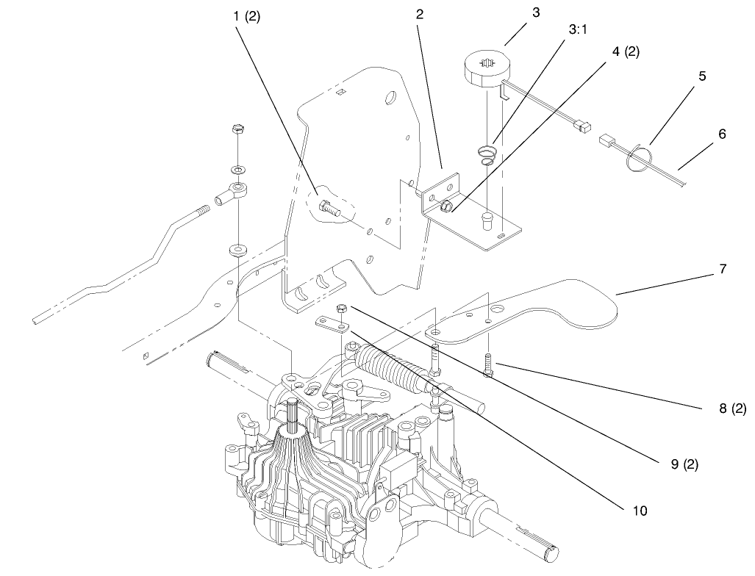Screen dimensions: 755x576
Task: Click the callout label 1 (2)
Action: point(246,17)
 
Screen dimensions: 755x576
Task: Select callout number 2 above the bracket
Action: point(419,15)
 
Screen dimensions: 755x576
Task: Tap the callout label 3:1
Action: point(579,29)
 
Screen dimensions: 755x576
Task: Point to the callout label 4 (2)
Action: point(626,51)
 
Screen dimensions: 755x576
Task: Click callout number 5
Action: point(702,76)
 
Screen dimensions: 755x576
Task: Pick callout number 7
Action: point(723,268)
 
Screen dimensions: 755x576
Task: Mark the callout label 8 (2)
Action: point(732,408)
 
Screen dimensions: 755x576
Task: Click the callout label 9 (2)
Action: point(684,464)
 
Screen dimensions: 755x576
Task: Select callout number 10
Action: point(640,511)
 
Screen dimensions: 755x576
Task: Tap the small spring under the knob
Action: point(487,156)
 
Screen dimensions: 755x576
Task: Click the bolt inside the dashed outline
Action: point(329,209)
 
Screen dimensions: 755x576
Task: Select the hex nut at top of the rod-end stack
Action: point(237,129)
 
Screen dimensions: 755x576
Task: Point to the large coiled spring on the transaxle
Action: point(390,364)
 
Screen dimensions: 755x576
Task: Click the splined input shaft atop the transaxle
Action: point(294,414)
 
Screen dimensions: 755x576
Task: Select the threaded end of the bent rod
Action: point(202,211)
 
